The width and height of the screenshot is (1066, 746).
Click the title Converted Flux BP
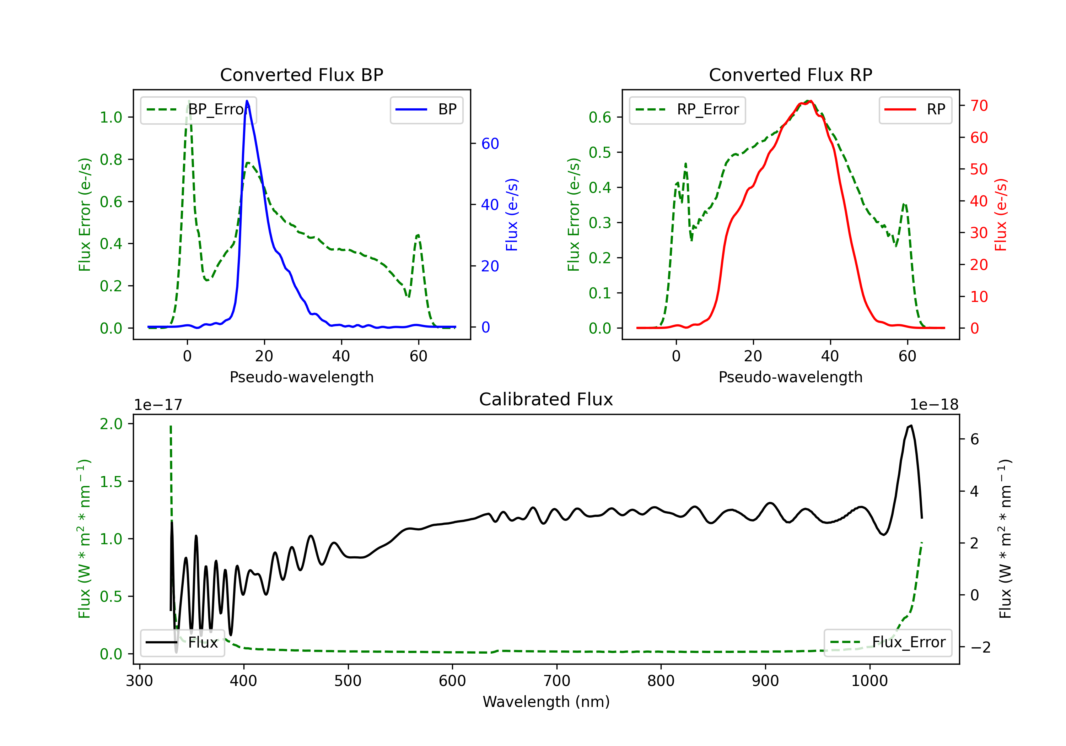coord(301,75)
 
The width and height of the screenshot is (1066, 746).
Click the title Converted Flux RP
coord(790,75)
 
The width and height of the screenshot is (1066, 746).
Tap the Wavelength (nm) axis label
coord(546,702)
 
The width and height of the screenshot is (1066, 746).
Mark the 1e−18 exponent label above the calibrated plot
coord(934,405)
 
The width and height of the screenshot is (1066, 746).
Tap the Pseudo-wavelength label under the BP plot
coord(301,377)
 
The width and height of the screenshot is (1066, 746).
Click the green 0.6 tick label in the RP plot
coord(600,118)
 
